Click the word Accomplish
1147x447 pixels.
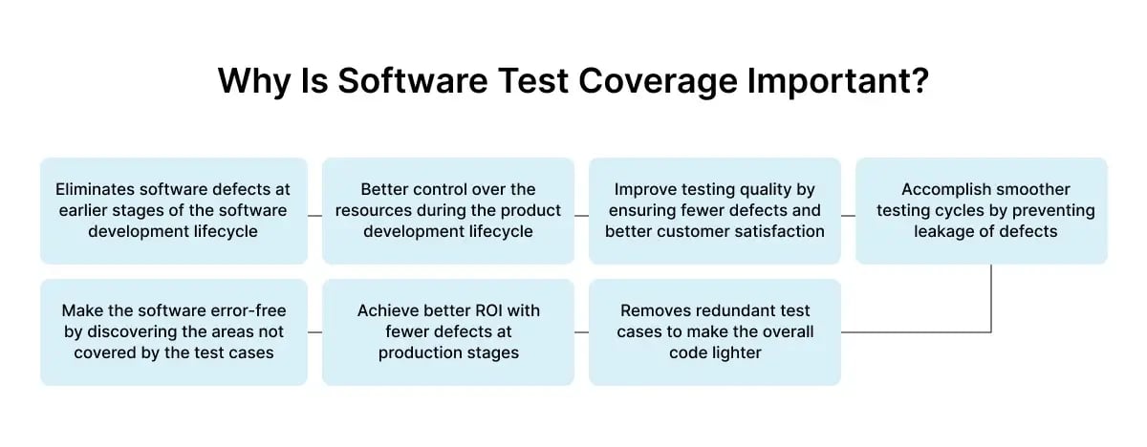click(x=941, y=189)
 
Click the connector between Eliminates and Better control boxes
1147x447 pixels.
click(x=314, y=215)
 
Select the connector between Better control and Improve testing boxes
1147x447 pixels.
click(x=581, y=215)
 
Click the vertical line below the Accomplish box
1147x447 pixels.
click(x=991, y=296)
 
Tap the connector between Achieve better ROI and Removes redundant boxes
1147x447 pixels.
click(x=581, y=332)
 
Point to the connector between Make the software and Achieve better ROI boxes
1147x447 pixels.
click(x=314, y=332)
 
